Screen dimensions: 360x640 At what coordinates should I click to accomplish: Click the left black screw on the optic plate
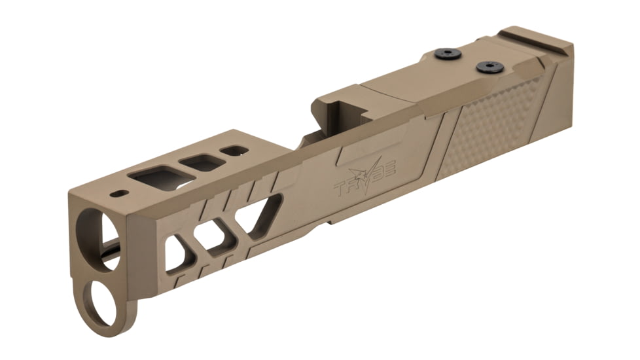448,54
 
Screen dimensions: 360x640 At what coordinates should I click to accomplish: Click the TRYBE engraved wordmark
367,183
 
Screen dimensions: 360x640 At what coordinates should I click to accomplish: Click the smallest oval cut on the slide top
234,151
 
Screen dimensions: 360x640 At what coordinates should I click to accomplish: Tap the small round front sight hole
119,194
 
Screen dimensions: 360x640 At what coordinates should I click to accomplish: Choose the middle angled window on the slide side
217,236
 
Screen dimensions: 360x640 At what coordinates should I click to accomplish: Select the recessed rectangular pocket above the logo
364,151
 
